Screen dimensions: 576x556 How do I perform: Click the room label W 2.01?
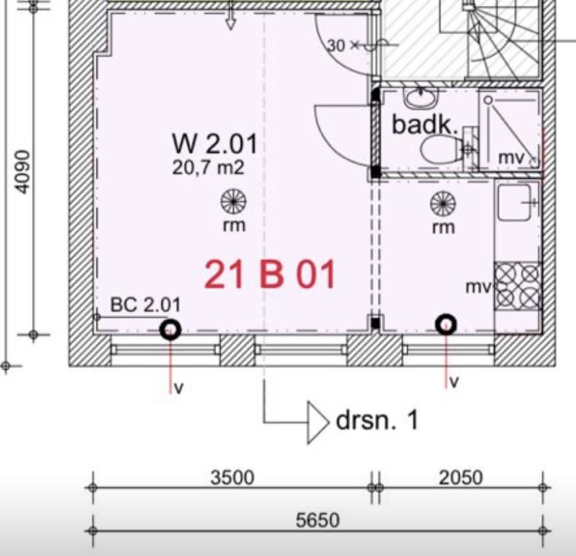tap(215, 144)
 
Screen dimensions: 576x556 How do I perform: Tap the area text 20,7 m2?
tap(208, 168)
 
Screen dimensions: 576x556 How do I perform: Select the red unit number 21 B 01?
tap(269, 274)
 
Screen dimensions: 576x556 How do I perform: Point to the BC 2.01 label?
tap(146, 305)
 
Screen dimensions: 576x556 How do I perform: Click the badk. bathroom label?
tap(425, 124)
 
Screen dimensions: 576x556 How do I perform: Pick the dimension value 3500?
tap(232, 478)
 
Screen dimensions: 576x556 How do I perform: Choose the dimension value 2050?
tap(461, 478)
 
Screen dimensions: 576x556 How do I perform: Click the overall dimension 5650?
tap(318, 520)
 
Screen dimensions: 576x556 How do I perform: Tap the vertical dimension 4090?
tap(22, 172)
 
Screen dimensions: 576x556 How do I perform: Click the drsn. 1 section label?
tap(377, 420)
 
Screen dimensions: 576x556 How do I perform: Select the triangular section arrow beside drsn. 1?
tap(318, 422)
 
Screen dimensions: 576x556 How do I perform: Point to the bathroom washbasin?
tap(421, 97)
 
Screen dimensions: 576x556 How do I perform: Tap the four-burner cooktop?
tap(517, 286)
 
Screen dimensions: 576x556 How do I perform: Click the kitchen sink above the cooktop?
tap(514, 202)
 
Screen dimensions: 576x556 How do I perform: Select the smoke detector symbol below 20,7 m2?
tap(233, 202)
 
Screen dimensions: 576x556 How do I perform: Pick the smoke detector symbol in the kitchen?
tap(443, 204)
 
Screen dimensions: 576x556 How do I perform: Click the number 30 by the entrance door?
tap(336, 45)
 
